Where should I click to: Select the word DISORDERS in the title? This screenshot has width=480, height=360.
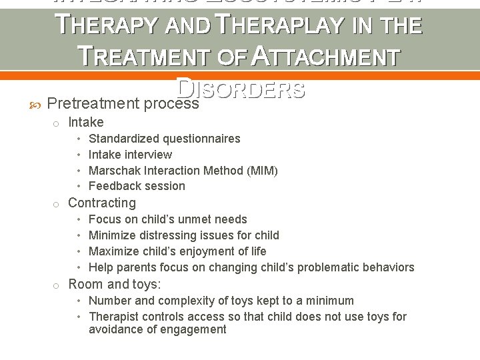tap(241, 88)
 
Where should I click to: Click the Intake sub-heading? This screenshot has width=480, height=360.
tap(86, 122)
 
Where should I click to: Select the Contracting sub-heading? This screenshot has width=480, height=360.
tap(102, 203)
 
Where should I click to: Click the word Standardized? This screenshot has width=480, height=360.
tap(122, 139)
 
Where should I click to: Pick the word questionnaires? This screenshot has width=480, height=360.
tap(200, 139)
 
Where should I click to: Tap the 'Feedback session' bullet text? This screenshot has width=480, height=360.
tap(137, 186)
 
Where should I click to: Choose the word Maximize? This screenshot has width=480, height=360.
tap(114, 251)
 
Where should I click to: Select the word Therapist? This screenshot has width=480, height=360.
tap(115, 317)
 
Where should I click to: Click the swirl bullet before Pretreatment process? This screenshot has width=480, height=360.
tap(36, 105)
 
